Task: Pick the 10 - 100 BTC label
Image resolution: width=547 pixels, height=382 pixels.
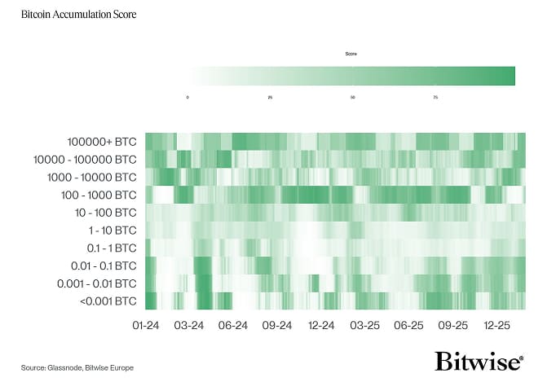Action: click(104, 213)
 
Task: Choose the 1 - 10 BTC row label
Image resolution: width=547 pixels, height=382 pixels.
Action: click(108, 231)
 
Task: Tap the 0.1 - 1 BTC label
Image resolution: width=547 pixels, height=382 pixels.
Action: click(106, 248)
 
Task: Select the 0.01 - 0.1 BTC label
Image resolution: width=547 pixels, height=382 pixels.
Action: click(102, 266)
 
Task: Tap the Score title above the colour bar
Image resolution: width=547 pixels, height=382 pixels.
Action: click(351, 54)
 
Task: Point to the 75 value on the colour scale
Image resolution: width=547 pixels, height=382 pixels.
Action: click(435, 97)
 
